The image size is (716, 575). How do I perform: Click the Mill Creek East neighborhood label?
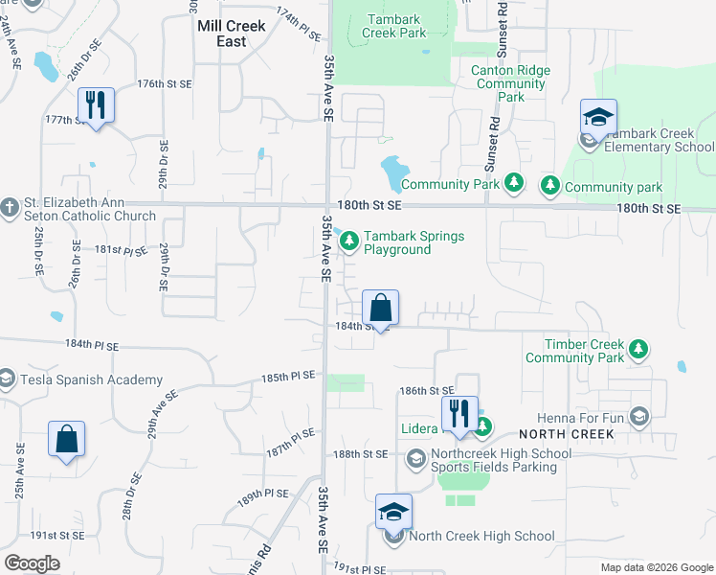pyautogui.click(x=235, y=34)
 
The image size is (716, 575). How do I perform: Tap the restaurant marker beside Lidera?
pyautogui.click(x=459, y=413)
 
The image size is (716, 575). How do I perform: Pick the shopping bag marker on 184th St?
pyautogui.click(x=380, y=309)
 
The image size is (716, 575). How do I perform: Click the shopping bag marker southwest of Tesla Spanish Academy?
pyautogui.click(x=67, y=439)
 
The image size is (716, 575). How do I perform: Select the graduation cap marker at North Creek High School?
pyautogui.click(x=393, y=512)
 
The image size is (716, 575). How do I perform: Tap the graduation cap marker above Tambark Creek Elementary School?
pyautogui.click(x=598, y=118)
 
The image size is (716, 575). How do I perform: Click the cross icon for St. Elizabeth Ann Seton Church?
pyautogui.click(x=9, y=207)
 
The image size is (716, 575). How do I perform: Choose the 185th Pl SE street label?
pyautogui.click(x=288, y=377)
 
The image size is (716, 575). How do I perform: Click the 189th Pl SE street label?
pyautogui.click(x=263, y=496)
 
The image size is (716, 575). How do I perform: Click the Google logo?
pyautogui.click(x=32, y=563)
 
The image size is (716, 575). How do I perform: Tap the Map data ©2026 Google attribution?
pyautogui.click(x=656, y=567)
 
